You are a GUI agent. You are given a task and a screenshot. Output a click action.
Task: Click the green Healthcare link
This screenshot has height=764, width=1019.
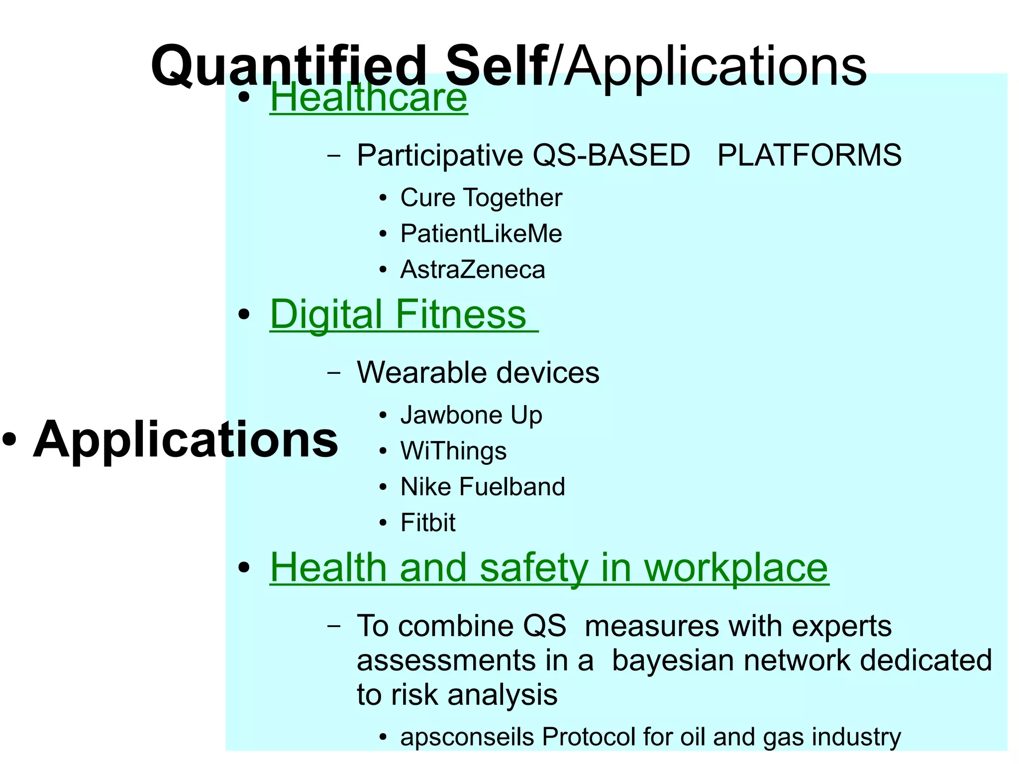(368, 98)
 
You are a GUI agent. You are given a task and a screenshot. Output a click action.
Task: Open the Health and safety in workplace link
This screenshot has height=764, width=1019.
(549, 568)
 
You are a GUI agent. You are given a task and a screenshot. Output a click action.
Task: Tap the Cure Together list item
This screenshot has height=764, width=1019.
(481, 198)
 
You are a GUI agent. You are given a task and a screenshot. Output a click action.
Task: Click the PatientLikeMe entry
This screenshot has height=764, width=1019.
(481, 233)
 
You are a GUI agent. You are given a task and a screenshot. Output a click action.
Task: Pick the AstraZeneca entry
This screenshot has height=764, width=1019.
(472, 270)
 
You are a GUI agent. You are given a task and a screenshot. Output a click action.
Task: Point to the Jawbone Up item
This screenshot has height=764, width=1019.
(471, 415)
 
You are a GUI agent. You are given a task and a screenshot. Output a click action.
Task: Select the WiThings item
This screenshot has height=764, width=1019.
(453, 451)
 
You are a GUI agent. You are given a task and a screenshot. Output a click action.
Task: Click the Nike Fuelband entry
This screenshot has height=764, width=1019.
(482, 487)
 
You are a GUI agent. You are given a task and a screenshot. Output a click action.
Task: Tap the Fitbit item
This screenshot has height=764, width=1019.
(427, 523)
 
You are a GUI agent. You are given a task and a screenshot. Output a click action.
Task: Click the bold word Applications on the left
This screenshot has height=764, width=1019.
(185, 439)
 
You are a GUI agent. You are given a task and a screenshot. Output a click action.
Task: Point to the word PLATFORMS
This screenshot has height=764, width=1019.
(809, 155)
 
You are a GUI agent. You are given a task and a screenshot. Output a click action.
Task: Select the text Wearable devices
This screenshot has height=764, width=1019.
(478, 372)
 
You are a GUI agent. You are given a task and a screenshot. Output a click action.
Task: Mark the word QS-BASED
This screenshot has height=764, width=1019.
(611, 155)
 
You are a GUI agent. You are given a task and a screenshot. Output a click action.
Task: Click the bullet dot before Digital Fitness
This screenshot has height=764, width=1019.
(244, 315)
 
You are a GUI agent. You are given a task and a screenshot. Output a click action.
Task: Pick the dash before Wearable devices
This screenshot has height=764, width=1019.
(334, 373)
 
